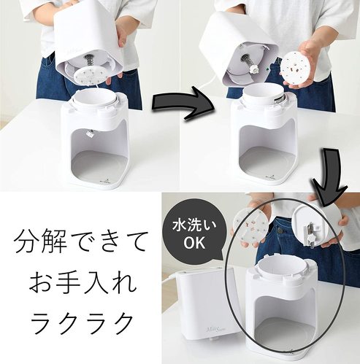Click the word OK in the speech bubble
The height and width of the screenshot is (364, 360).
pos(194,242)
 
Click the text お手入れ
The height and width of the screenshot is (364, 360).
pos(83,282)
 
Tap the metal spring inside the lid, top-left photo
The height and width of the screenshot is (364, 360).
pos(89,61)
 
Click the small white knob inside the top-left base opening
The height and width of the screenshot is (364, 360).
pos(90,133)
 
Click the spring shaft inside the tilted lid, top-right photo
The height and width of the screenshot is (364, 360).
pos(248,62)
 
